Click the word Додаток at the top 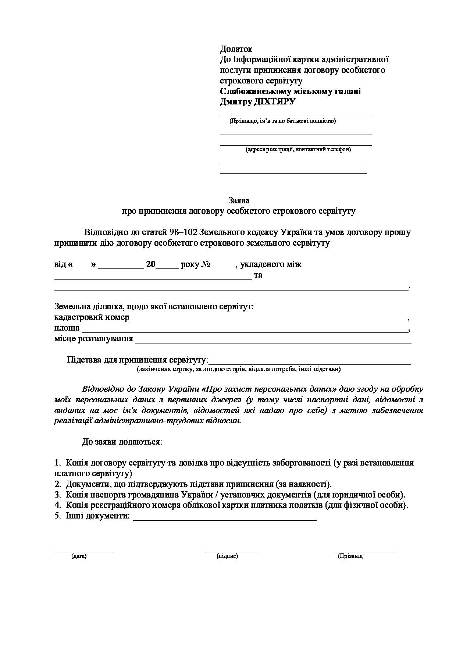(x=236, y=49)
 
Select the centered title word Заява (x=239, y=200)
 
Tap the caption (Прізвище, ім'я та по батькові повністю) (x=282, y=121)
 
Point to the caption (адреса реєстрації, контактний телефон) (x=298, y=149)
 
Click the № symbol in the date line (x=206, y=264)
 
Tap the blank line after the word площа (x=245, y=331)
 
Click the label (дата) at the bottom (x=79, y=556)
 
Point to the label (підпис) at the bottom (x=228, y=556)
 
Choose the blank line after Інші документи (x=224, y=520)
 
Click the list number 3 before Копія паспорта (x=57, y=495)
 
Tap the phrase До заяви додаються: (x=122, y=442)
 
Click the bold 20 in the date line (x=151, y=264)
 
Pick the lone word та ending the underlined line (x=258, y=275)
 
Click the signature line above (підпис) (x=231, y=551)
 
